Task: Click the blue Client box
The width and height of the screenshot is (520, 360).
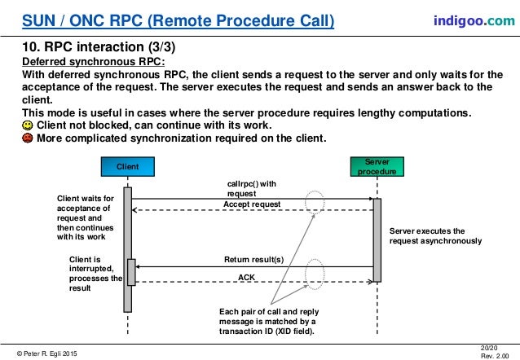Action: click(127, 167)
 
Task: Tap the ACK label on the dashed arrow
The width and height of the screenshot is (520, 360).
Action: click(246, 277)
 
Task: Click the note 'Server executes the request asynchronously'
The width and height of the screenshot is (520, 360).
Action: click(435, 236)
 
